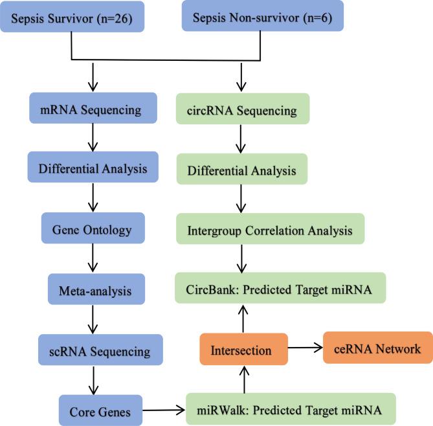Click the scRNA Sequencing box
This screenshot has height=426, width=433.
click(x=100, y=352)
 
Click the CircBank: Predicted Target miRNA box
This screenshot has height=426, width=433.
click(x=280, y=289)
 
